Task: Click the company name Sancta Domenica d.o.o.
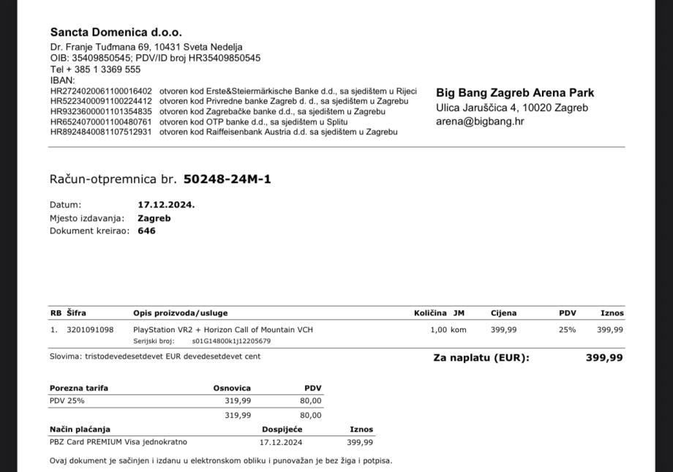(x=116, y=32)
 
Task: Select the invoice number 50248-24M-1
(x=227, y=179)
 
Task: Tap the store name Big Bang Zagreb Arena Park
(x=515, y=93)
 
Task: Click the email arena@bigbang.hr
(x=480, y=121)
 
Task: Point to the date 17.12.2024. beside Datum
(x=166, y=205)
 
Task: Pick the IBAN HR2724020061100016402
(x=101, y=91)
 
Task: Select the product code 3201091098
(x=90, y=330)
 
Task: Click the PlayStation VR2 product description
(x=222, y=330)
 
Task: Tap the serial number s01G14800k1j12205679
(x=231, y=341)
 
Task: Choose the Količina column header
(x=430, y=313)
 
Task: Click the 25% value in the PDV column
(x=567, y=330)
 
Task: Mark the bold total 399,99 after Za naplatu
(x=604, y=358)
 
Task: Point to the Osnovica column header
(x=232, y=388)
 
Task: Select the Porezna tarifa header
(x=79, y=388)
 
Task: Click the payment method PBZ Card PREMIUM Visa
(x=119, y=442)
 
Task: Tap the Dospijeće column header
(x=282, y=430)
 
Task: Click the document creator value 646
(x=146, y=231)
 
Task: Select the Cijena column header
(x=503, y=313)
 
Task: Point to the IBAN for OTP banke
(x=101, y=122)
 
